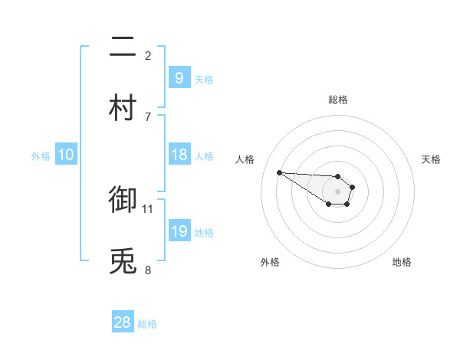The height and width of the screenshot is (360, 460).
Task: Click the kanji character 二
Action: (x=123, y=48)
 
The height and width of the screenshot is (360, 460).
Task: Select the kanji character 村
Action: (x=123, y=108)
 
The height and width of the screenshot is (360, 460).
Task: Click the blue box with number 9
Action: (x=179, y=78)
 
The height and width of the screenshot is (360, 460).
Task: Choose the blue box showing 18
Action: (x=179, y=155)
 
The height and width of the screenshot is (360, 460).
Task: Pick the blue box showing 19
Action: (x=179, y=231)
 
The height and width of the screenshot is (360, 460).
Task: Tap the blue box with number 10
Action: (x=65, y=155)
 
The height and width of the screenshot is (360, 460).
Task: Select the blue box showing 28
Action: (x=122, y=322)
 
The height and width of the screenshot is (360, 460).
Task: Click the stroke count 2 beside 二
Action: (x=148, y=55)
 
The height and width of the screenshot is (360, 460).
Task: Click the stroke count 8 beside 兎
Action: (x=148, y=269)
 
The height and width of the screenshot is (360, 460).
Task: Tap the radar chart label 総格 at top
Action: (x=337, y=100)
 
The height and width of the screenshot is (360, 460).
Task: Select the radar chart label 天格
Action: (x=431, y=159)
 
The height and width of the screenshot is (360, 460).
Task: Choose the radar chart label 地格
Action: (x=402, y=262)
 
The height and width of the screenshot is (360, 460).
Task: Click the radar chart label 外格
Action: (x=270, y=262)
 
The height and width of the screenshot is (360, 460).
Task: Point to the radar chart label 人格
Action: (x=245, y=159)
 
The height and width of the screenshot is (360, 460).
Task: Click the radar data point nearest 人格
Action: (x=279, y=172)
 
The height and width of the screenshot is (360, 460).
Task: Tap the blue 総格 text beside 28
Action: (x=147, y=324)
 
